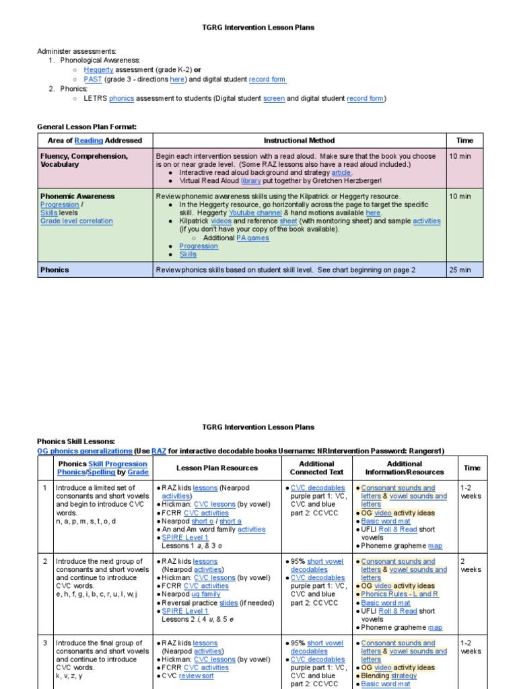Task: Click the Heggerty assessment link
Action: tap(98, 69)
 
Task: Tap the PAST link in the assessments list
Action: tap(92, 79)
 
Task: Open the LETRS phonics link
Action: tap(121, 98)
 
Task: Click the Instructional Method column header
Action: tap(299, 141)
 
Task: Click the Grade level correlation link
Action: tap(77, 221)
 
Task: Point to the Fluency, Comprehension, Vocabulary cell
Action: tap(84, 160)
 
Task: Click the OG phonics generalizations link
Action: tap(85, 451)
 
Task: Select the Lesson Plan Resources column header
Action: tap(217, 468)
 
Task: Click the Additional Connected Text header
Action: tap(316, 468)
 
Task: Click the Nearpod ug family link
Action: tap(205, 594)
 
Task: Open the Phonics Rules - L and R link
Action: tap(400, 594)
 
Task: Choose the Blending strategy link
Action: tap(403, 676)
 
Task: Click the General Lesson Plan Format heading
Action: tap(87, 126)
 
